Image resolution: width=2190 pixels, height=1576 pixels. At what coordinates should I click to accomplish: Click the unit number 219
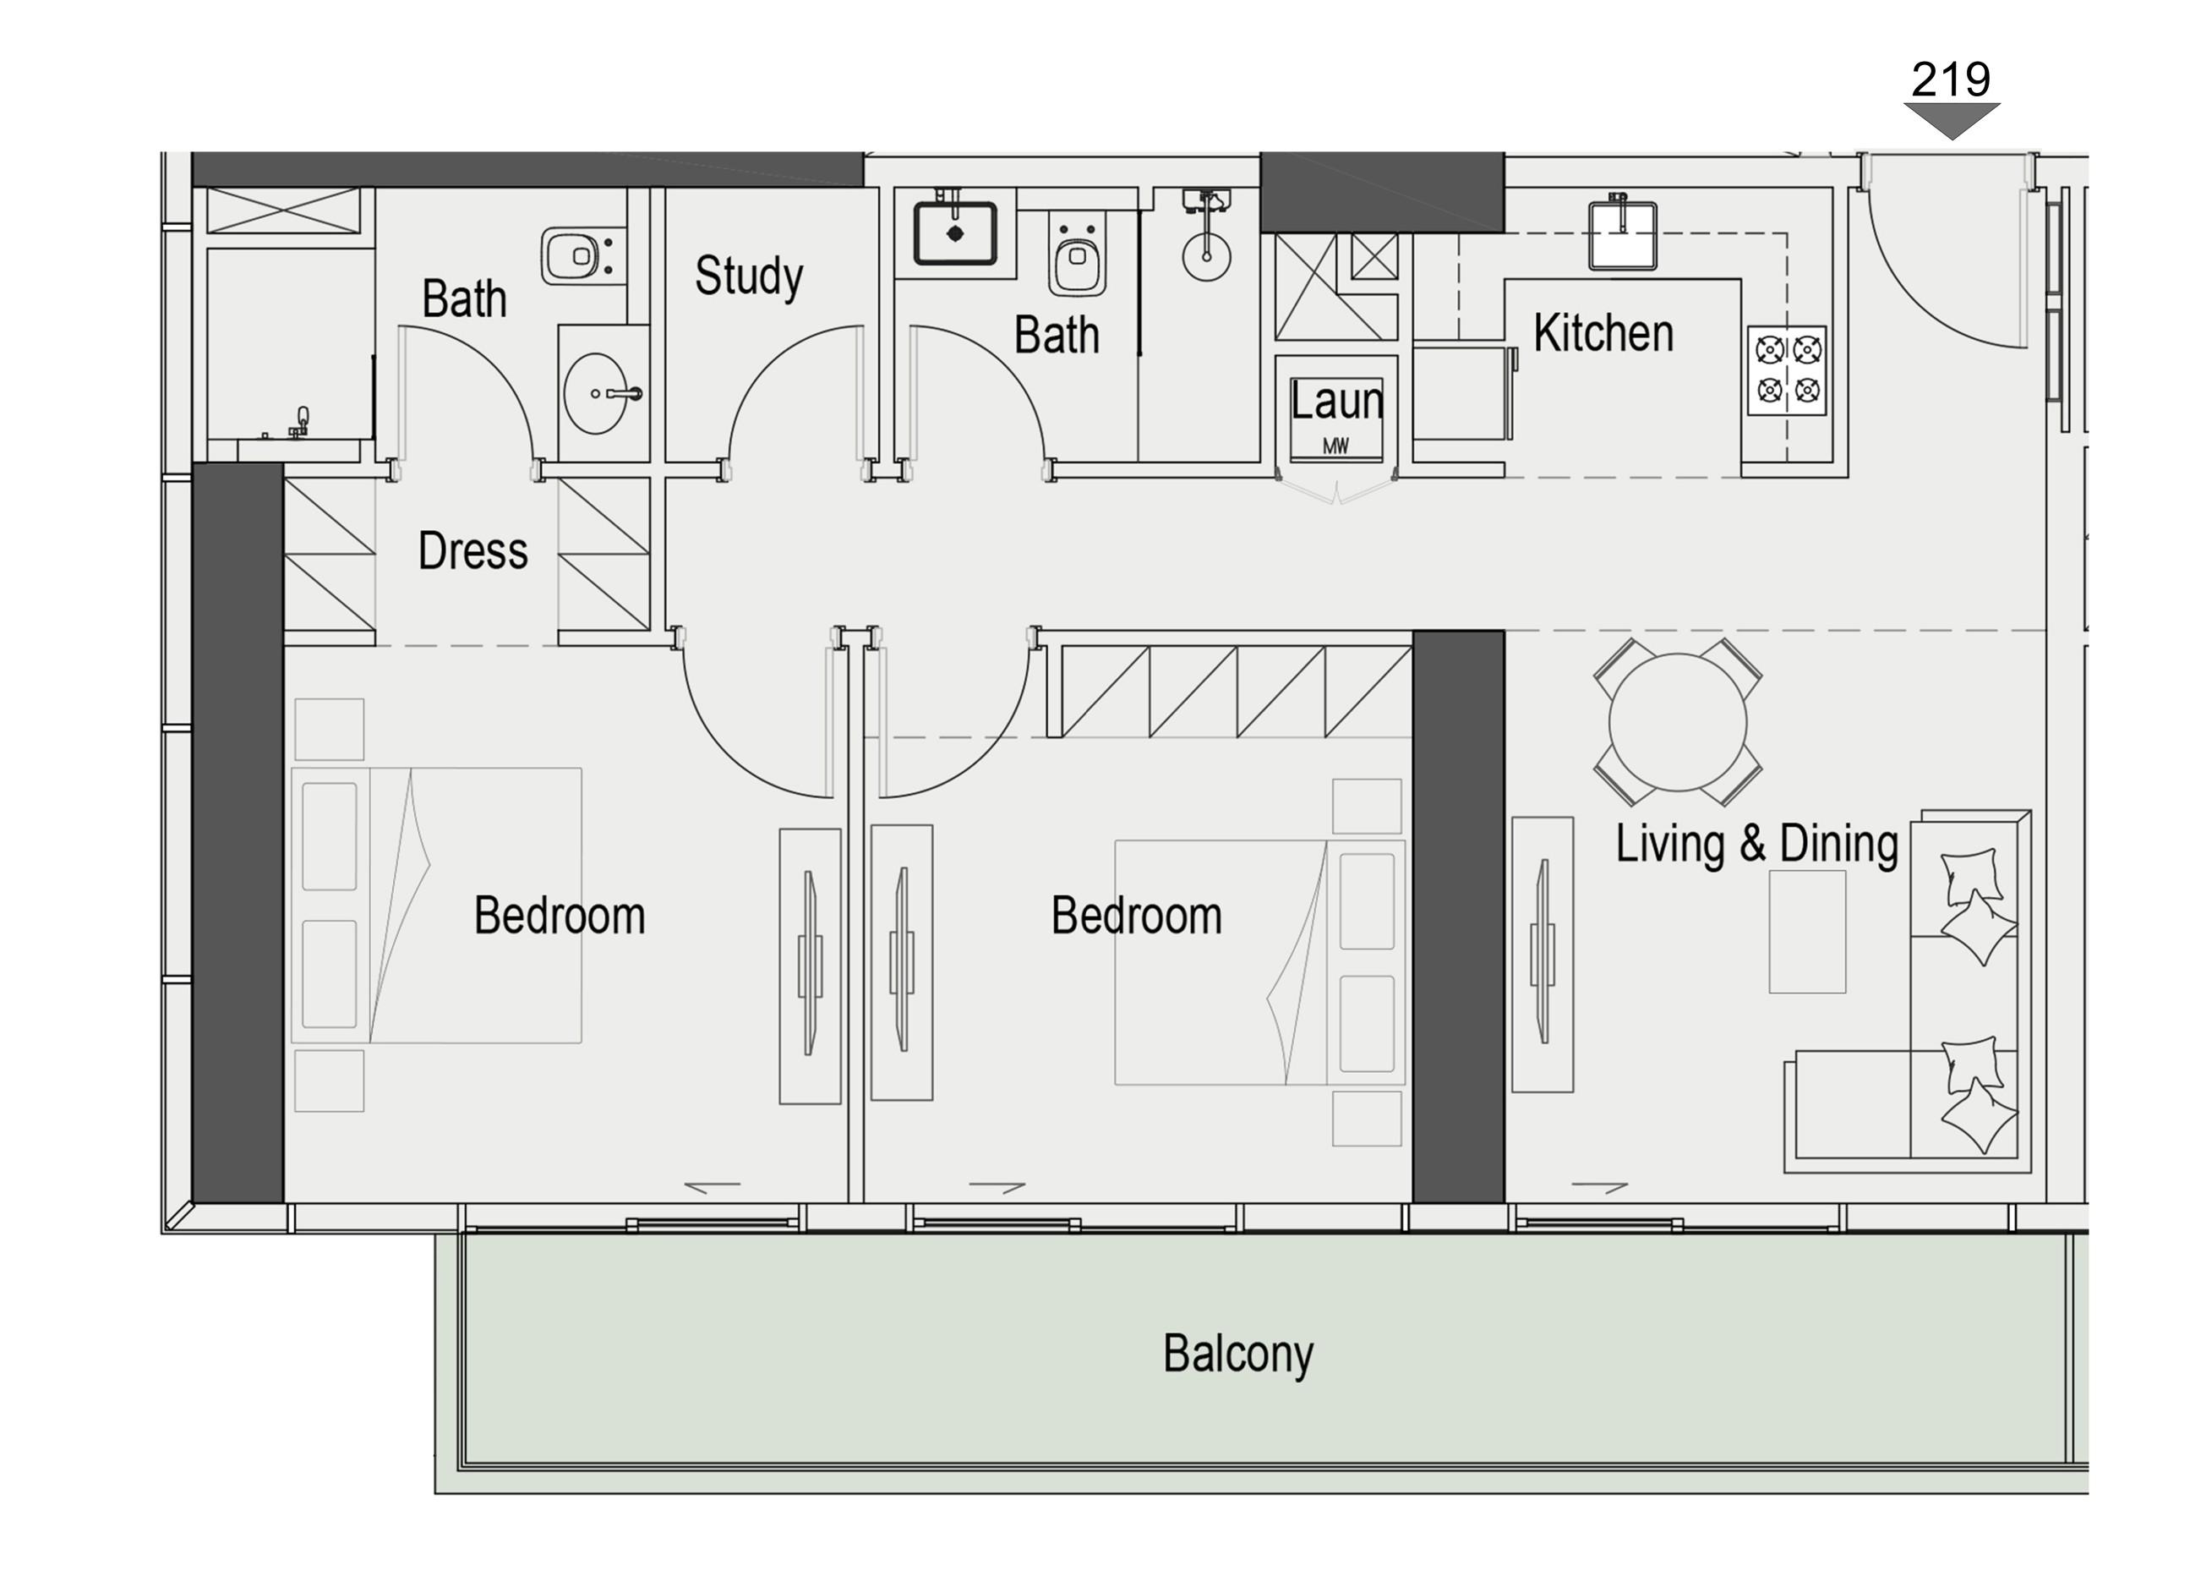1951,79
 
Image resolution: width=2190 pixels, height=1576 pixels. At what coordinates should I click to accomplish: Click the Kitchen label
1603,333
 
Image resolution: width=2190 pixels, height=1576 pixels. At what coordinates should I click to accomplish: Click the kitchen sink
1623,236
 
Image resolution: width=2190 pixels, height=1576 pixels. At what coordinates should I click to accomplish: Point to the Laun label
1336,401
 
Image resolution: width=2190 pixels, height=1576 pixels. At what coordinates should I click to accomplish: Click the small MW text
1335,446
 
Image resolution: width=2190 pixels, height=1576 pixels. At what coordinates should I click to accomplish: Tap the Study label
748,276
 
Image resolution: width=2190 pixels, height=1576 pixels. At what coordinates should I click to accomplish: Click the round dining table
1679,722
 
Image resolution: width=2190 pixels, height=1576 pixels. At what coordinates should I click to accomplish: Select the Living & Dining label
1756,843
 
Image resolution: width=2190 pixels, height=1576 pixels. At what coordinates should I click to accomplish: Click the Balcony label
1238,1353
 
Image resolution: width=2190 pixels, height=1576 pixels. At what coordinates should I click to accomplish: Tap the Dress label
472,551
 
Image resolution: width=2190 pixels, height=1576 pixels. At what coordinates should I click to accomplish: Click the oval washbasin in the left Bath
595,393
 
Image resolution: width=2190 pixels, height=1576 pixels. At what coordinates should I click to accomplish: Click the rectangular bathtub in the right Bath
955,233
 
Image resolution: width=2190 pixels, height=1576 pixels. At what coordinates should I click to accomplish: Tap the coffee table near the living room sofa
1806,932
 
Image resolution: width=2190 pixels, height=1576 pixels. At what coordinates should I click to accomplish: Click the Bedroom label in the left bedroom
559,916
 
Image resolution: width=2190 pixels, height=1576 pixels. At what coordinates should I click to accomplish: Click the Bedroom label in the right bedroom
1137,916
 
